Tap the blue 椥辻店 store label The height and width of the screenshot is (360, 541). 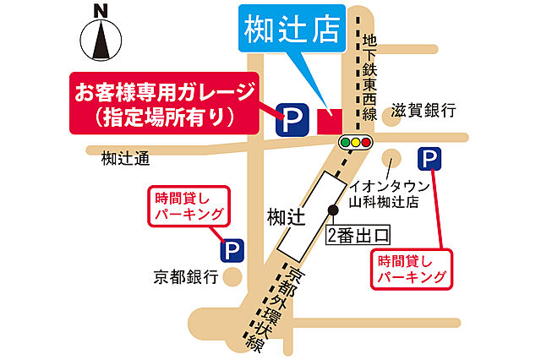tap(292, 30)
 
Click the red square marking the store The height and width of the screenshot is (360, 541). tap(327, 120)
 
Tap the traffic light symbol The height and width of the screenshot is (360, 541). tap(356, 143)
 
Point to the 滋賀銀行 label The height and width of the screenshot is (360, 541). tap(424, 111)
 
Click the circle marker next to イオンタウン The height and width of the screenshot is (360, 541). tap(391, 158)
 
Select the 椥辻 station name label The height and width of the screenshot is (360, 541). tap(284, 218)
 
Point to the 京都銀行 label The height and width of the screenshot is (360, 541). tap(186, 276)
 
